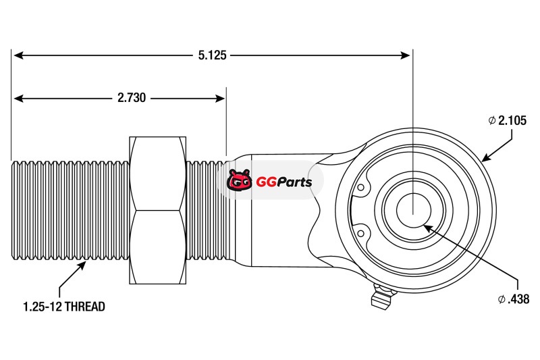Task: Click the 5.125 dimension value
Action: (212, 55)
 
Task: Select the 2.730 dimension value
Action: (132, 98)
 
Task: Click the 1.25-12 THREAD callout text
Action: (64, 307)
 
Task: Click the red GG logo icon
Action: (238, 181)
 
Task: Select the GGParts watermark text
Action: (283, 182)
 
